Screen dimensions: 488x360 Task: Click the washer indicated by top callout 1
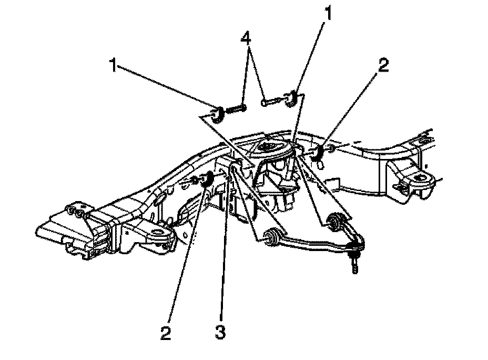point(290,98)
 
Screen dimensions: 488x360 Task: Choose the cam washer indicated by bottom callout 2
point(207,178)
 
